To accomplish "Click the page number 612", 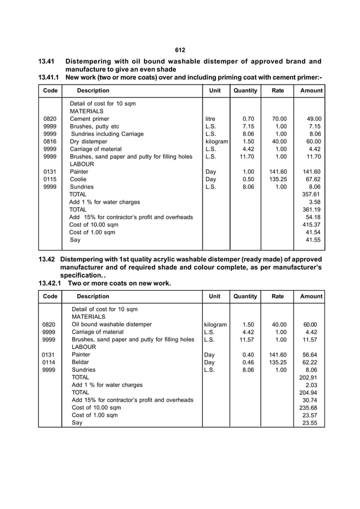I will click(180, 50).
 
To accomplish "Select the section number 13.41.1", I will click(49, 77).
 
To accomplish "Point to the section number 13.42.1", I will click(51, 283).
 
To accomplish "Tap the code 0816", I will click(50, 141).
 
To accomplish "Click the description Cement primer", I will click(89, 119).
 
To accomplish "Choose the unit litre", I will click(212, 119).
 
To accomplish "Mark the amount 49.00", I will click(312, 119).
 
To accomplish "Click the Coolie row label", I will click(78, 179).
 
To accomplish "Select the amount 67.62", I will click(312, 179).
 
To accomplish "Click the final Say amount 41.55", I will click(313, 239).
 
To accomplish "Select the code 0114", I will click(50, 362).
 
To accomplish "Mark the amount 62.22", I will click(310, 362).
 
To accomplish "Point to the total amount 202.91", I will click(309, 377).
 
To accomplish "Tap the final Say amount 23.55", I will click(310, 423).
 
